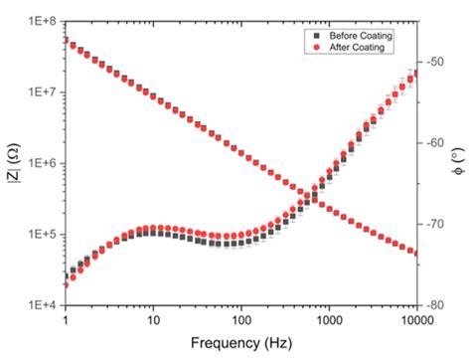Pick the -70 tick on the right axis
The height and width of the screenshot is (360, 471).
[x=434, y=224]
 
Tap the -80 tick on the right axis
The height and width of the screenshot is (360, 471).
[x=434, y=306]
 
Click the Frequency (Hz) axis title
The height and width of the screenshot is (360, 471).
[x=240, y=344]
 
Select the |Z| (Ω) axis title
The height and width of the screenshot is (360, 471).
[x=13, y=163]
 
